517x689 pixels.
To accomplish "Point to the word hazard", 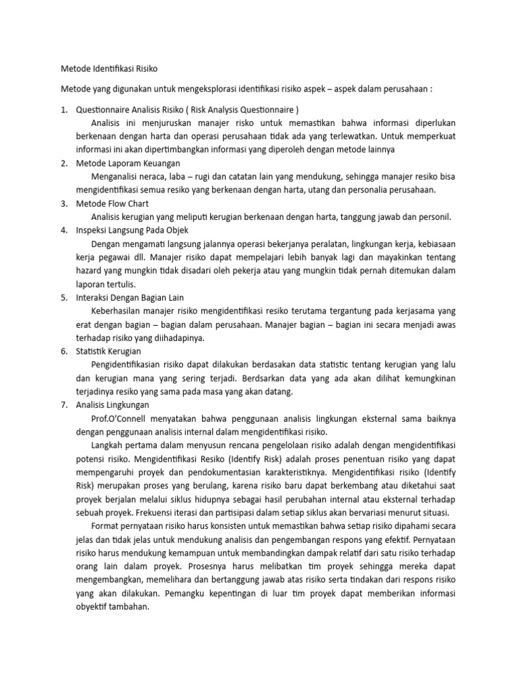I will (90, 270).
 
